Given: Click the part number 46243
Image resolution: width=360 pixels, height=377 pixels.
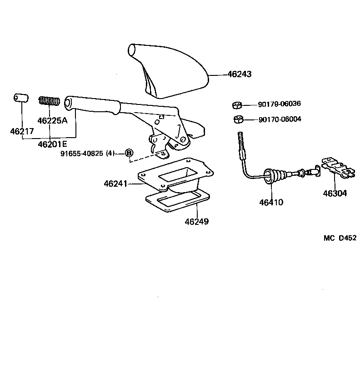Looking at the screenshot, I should [x=239, y=74].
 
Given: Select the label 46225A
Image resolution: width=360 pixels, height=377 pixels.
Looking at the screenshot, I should [x=52, y=121].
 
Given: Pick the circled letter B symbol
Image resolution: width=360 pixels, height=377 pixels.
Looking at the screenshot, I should [x=129, y=153].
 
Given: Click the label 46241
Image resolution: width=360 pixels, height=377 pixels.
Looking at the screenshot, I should [x=115, y=184].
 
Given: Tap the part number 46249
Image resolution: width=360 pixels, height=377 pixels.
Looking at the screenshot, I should [x=197, y=222].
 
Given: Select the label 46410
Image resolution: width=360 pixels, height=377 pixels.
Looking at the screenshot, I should [x=271, y=202].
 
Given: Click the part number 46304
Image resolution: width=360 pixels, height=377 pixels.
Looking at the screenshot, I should [x=335, y=193].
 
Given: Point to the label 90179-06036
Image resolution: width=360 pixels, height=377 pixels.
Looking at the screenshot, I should [x=280, y=104].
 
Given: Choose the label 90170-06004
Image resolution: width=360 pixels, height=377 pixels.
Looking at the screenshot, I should [x=280, y=119].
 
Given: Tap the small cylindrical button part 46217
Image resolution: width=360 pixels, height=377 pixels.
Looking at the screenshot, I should [x=20, y=99].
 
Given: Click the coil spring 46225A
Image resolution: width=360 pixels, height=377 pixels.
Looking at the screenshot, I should [x=49, y=100].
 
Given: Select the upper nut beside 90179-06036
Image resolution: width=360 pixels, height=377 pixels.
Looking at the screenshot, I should [x=236, y=105].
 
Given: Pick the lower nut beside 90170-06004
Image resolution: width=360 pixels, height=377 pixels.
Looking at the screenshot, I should [x=237, y=120].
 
